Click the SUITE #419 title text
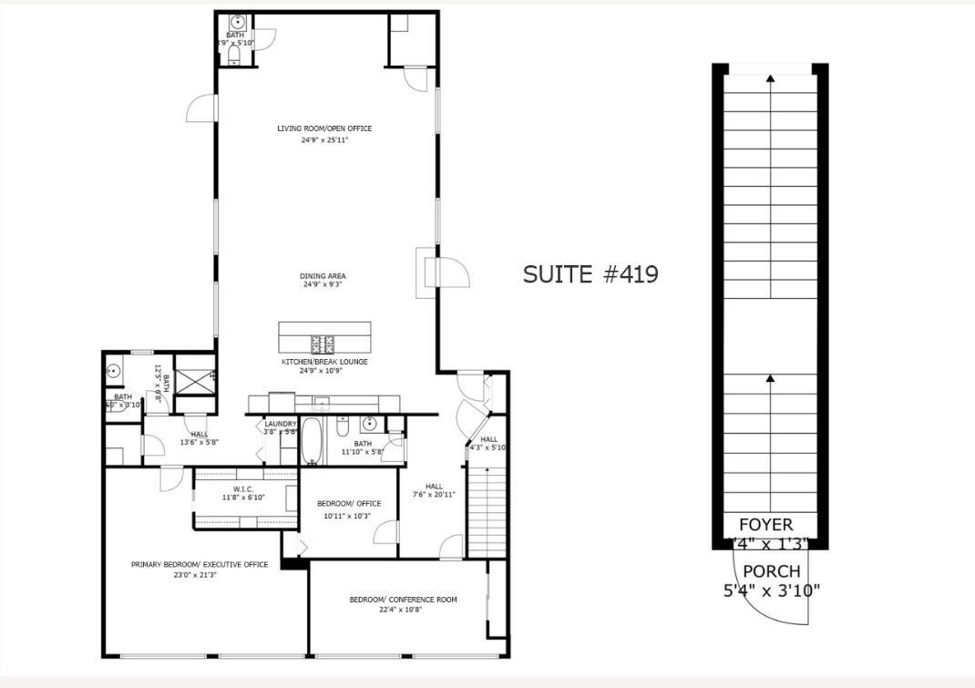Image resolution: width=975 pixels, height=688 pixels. [590, 274]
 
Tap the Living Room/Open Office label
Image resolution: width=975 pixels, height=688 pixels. [324, 128]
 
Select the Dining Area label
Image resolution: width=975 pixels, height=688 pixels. [323, 276]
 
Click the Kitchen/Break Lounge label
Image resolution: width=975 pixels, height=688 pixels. [324, 362]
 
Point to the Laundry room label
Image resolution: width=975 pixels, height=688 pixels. [281, 424]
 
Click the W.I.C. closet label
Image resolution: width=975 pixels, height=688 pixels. [243, 488]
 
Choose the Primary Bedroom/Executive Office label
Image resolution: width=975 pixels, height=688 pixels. [200, 564]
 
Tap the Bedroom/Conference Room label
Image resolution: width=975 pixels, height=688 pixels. [403, 600]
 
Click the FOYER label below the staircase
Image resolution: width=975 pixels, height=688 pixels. [765, 525]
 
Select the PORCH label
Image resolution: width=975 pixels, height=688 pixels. [771, 571]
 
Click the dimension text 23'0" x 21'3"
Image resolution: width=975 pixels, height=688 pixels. [200, 575]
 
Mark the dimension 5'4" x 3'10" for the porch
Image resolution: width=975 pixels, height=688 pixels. [771, 590]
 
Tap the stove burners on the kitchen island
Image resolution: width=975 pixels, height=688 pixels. [323, 344]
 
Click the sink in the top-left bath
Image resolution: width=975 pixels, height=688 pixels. [236, 21]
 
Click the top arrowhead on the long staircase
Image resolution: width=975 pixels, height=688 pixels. [770, 79]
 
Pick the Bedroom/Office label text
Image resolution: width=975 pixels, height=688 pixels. [349, 504]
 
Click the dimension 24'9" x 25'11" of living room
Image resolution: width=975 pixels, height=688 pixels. [324, 140]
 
